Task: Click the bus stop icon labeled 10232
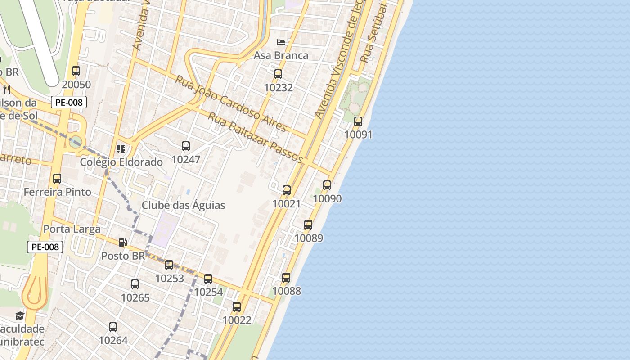tap(278, 74)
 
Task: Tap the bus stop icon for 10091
tap(358, 121)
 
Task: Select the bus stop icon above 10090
tap(327, 185)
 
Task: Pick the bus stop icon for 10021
tap(287, 190)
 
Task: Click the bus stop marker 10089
tap(308, 225)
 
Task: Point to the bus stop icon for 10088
tap(286, 278)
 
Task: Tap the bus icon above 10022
tap(237, 307)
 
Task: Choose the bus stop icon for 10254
tap(208, 279)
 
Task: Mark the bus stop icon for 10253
tap(169, 265)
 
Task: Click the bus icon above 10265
tap(135, 284)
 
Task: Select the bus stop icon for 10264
tap(113, 327)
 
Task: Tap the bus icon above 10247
tap(186, 146)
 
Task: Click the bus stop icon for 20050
tap(76, 71)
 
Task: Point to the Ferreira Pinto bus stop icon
tap(57, 179)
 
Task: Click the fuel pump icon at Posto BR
tap(122, 243)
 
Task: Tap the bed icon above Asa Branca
tap(281, 42)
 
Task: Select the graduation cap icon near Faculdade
tap(20, 315)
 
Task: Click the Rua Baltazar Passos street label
tap(255, 137)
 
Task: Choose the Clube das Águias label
tap(183, 205)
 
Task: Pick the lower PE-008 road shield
tap(45, 247)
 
